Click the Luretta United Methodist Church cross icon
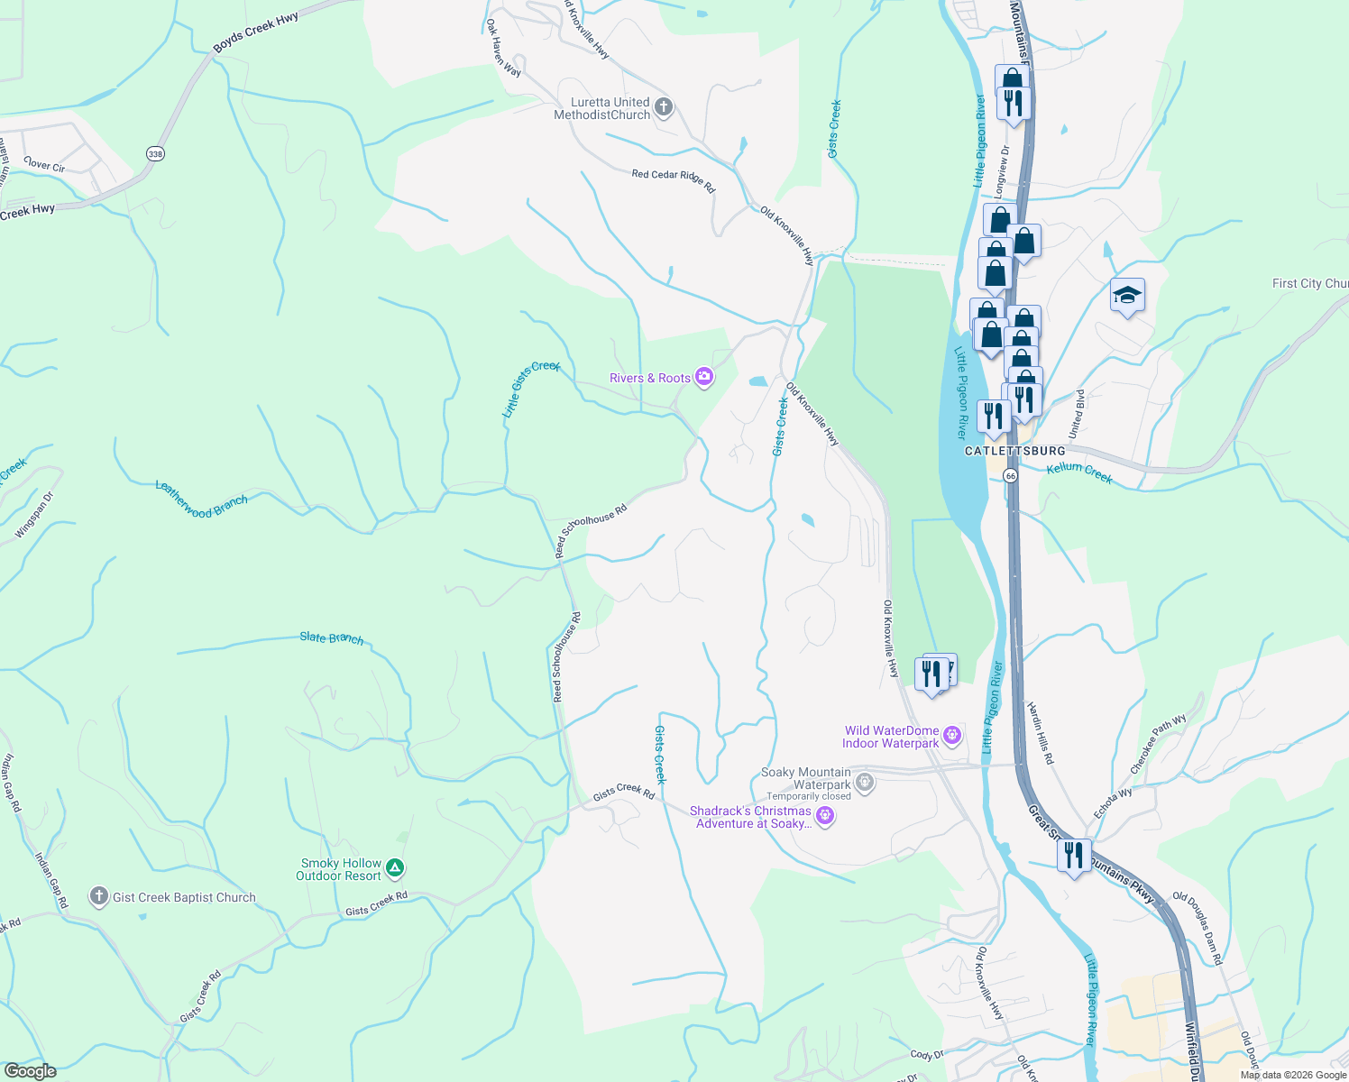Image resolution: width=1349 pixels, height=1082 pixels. pyautogui.click(x=664, y=108)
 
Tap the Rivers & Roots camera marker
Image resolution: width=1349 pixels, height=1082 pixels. pyautogui.click(x=704, y=378)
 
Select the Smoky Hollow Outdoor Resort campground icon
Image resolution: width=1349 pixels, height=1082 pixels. pyautogui.click(x=395, y=869)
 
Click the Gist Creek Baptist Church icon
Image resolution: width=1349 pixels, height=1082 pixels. pyautogui.click(x=99, y=897)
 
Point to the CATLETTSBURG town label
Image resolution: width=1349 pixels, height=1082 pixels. pyautogui.click(x=1014, y=451)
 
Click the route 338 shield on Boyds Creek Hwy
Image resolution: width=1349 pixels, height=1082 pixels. pyautogui.click(x=155, y=154)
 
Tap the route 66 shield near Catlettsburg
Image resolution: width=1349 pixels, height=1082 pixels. pyautogui.click(x=1011, y=475)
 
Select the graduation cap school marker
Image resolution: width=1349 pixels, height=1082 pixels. pyautogui.click(x=1127, y=295)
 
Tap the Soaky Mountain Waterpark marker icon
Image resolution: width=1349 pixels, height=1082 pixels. pyautogui.click(x=865, y=782)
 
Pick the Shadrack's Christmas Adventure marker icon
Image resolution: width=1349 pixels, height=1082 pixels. pyautogui.click(x=824, y=817)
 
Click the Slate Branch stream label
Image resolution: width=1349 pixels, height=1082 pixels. pyautogui.click(x=332, y=638)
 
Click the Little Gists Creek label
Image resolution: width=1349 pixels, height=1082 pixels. pyautogui.click(x=530, y=389)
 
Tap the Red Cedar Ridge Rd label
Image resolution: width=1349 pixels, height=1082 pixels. pyautogui.click(x=673, y=180)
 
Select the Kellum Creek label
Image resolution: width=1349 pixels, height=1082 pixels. pyautogui.click(x=1079, y=472)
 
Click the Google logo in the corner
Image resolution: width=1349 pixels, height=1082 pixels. pyautogui.click(x=30, y=1071)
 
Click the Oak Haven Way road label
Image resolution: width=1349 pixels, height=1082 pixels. pyautogui.click(x=503, y=48)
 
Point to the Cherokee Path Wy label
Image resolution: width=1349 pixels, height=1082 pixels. pyautogui.click(x=1159, y=745)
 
